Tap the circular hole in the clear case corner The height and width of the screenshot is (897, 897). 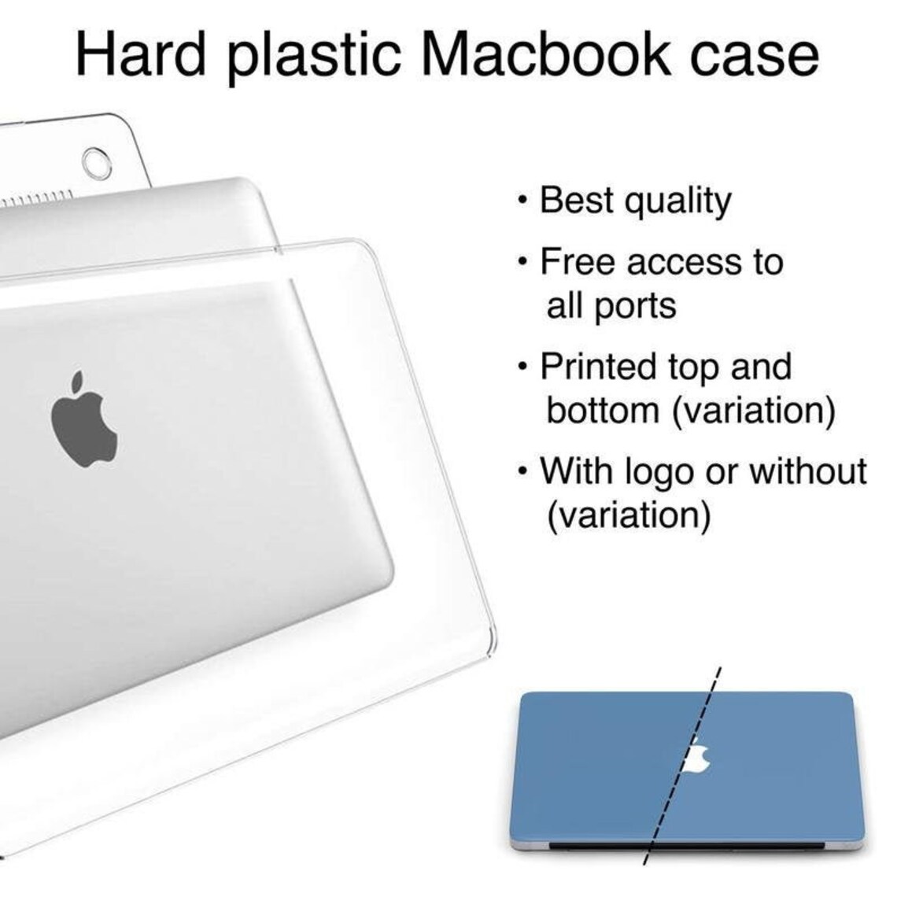96,162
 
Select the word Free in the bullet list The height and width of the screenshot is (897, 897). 577,261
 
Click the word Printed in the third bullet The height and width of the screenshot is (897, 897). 598,367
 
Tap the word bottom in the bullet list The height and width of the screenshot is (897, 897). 602,410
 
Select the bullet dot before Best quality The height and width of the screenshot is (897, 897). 523,201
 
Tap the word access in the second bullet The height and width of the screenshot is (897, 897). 682,262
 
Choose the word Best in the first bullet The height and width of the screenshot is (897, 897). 576,201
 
